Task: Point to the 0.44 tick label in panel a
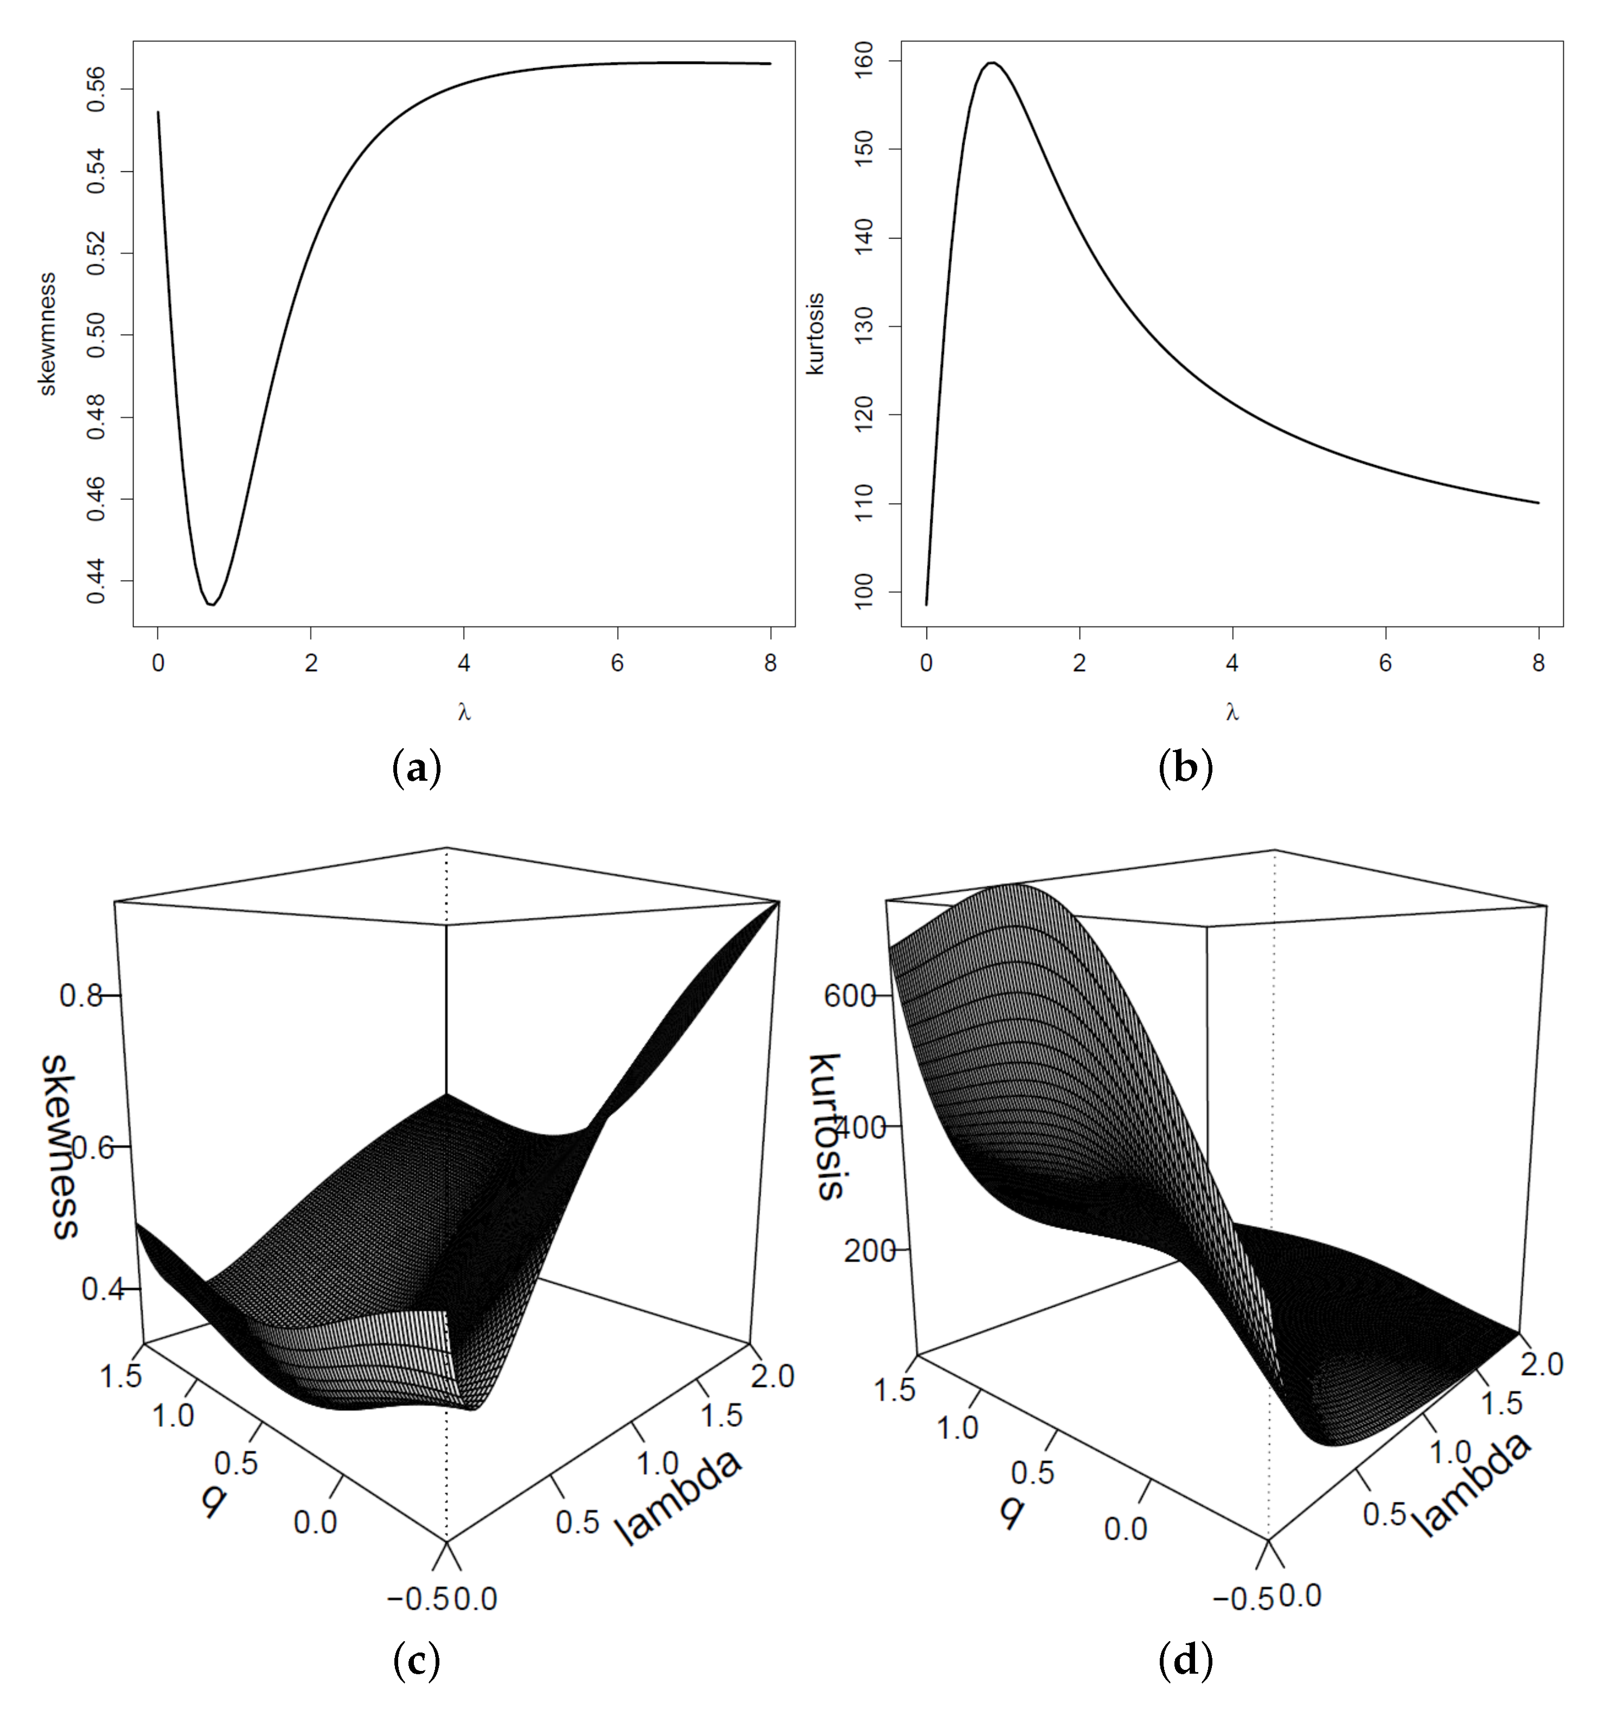97,581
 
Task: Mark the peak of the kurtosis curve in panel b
992,63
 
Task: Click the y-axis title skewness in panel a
48,334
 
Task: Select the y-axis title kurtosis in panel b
815,334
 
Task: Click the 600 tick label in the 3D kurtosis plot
848,996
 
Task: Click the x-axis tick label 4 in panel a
464,663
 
